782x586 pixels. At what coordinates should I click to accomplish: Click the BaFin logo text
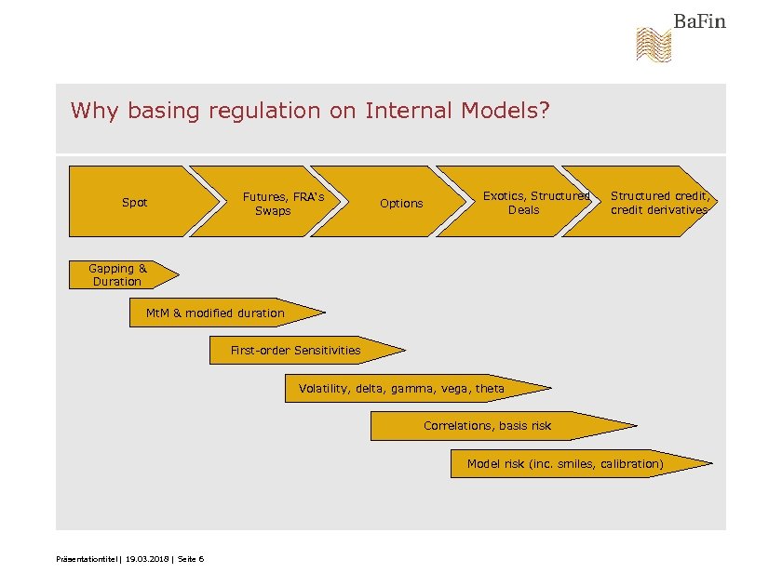tap(699, 21)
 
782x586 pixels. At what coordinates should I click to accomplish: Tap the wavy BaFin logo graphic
tap(653, 46)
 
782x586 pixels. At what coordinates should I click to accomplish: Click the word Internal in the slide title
tap(410, 111)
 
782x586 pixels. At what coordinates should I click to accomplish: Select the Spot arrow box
tap(135, 202)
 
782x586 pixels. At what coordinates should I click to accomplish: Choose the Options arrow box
tap(401, 203)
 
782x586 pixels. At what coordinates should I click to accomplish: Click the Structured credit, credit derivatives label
tap(659, 203)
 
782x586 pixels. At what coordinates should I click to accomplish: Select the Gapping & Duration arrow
tap(118, 274)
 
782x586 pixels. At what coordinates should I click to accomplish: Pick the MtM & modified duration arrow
tap(216, 313)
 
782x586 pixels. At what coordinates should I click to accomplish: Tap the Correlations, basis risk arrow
tap(488, 425)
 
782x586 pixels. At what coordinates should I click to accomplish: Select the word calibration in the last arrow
tap(631, 463)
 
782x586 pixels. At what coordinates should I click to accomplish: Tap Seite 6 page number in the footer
tap(190, 558)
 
